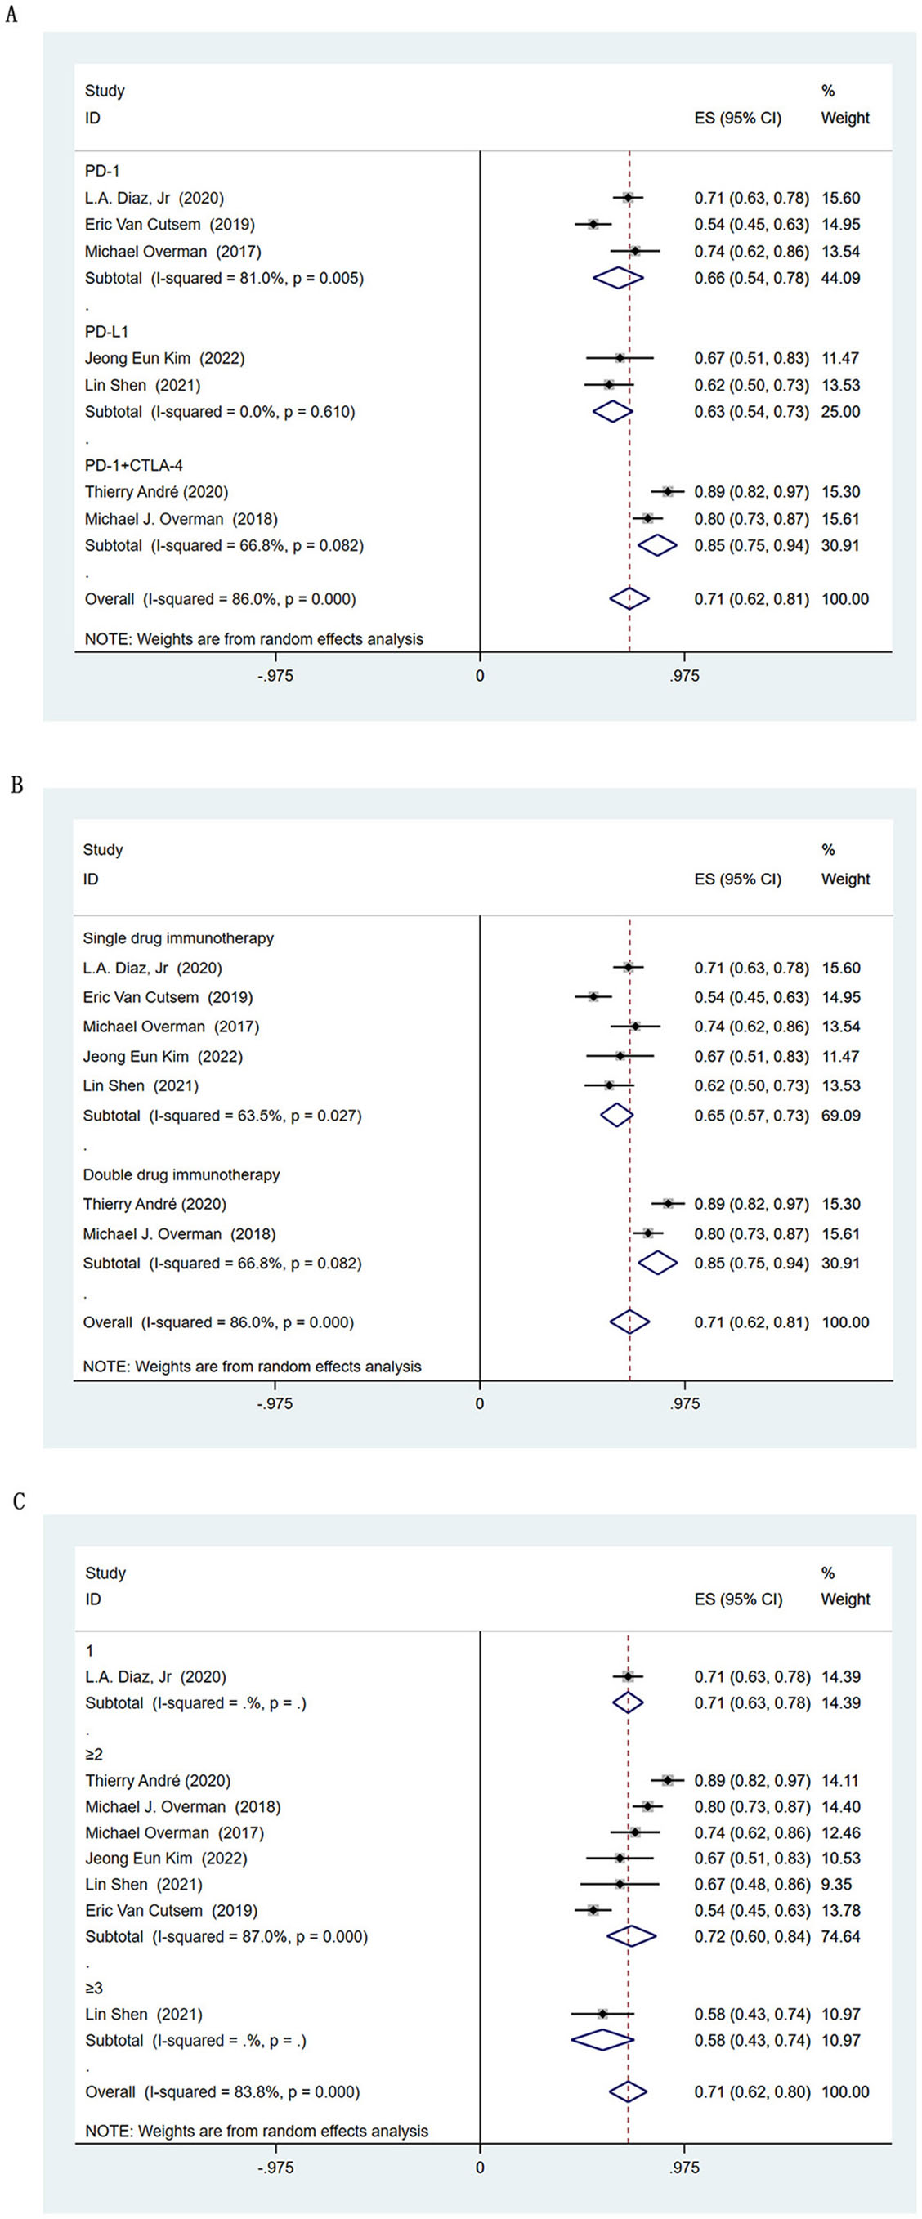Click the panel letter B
pyautogui.click(x=16, y=785)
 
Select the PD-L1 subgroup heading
pyautogui.click(x=107, y=332)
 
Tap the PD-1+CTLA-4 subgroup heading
pyautogui.click(x=133, y=465)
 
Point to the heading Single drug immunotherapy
pyautogui.click(x=178, y=938)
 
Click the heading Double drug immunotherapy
pyautogui.click(x=181, y=1174)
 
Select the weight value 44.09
pyautogui.click(x=841, y=278)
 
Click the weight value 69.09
pyautogui.click(x=841, y=1116)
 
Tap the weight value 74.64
pyautogui.click(x=841, y=1935)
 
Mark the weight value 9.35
pyautogui.click(x=837, y=1884)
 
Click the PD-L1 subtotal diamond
pyautogui.click(x=613, y=412)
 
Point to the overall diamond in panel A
pyautogui.click(x=629, y=599)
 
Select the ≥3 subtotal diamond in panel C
pyautogui.click(x=602, y=2040)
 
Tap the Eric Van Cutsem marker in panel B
pyautogui.click(x=593, y=996)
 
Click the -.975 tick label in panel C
pyautogui.click(x=275, y=2168)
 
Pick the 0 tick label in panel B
pyautogui.click(x=480, y=1403)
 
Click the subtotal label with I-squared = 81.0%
pyautogui.click(x=224, y=278)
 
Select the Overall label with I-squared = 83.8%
pyautogui.click(x=222, y=2091)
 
